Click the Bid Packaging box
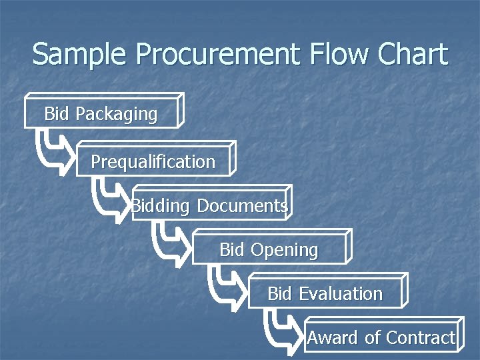[x=101, y=114]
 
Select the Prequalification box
[x=153, y=162]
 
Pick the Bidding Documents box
[x=210, y=206]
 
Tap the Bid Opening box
[x=269, y=250]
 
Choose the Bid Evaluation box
[x=325, y=294]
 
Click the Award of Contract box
[x=381, y=338]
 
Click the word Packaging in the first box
[x=116, y=114]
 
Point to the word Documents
[x=243, y=206]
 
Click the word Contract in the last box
[x=420, y=338]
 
